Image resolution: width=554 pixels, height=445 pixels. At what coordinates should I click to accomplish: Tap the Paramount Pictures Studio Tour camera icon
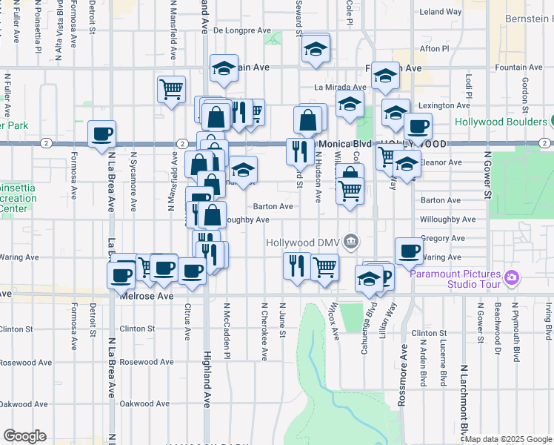pos(511,278)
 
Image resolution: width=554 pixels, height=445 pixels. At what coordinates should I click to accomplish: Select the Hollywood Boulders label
pos(500,122)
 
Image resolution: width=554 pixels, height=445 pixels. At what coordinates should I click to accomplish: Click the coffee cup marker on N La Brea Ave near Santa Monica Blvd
pos(102,135)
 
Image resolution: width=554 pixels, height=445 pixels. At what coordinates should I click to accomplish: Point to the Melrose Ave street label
pos(147,295)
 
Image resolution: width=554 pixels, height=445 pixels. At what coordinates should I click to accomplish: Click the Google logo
pos(24,436)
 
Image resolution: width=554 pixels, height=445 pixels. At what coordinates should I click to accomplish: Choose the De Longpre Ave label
pos(242,30)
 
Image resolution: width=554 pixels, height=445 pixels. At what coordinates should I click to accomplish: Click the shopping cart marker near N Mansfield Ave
pos(171,89)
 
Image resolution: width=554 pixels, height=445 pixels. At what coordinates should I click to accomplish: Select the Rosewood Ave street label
pos(147,363)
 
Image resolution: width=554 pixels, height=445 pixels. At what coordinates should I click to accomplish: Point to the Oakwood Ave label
pos(146,404)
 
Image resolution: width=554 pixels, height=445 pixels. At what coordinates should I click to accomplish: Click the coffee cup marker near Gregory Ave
pos(409,251)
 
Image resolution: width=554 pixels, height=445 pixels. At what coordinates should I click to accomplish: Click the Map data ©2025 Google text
pos(508,439)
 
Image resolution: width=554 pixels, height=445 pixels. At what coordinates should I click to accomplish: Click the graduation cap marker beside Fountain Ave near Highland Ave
pos(224,68)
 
